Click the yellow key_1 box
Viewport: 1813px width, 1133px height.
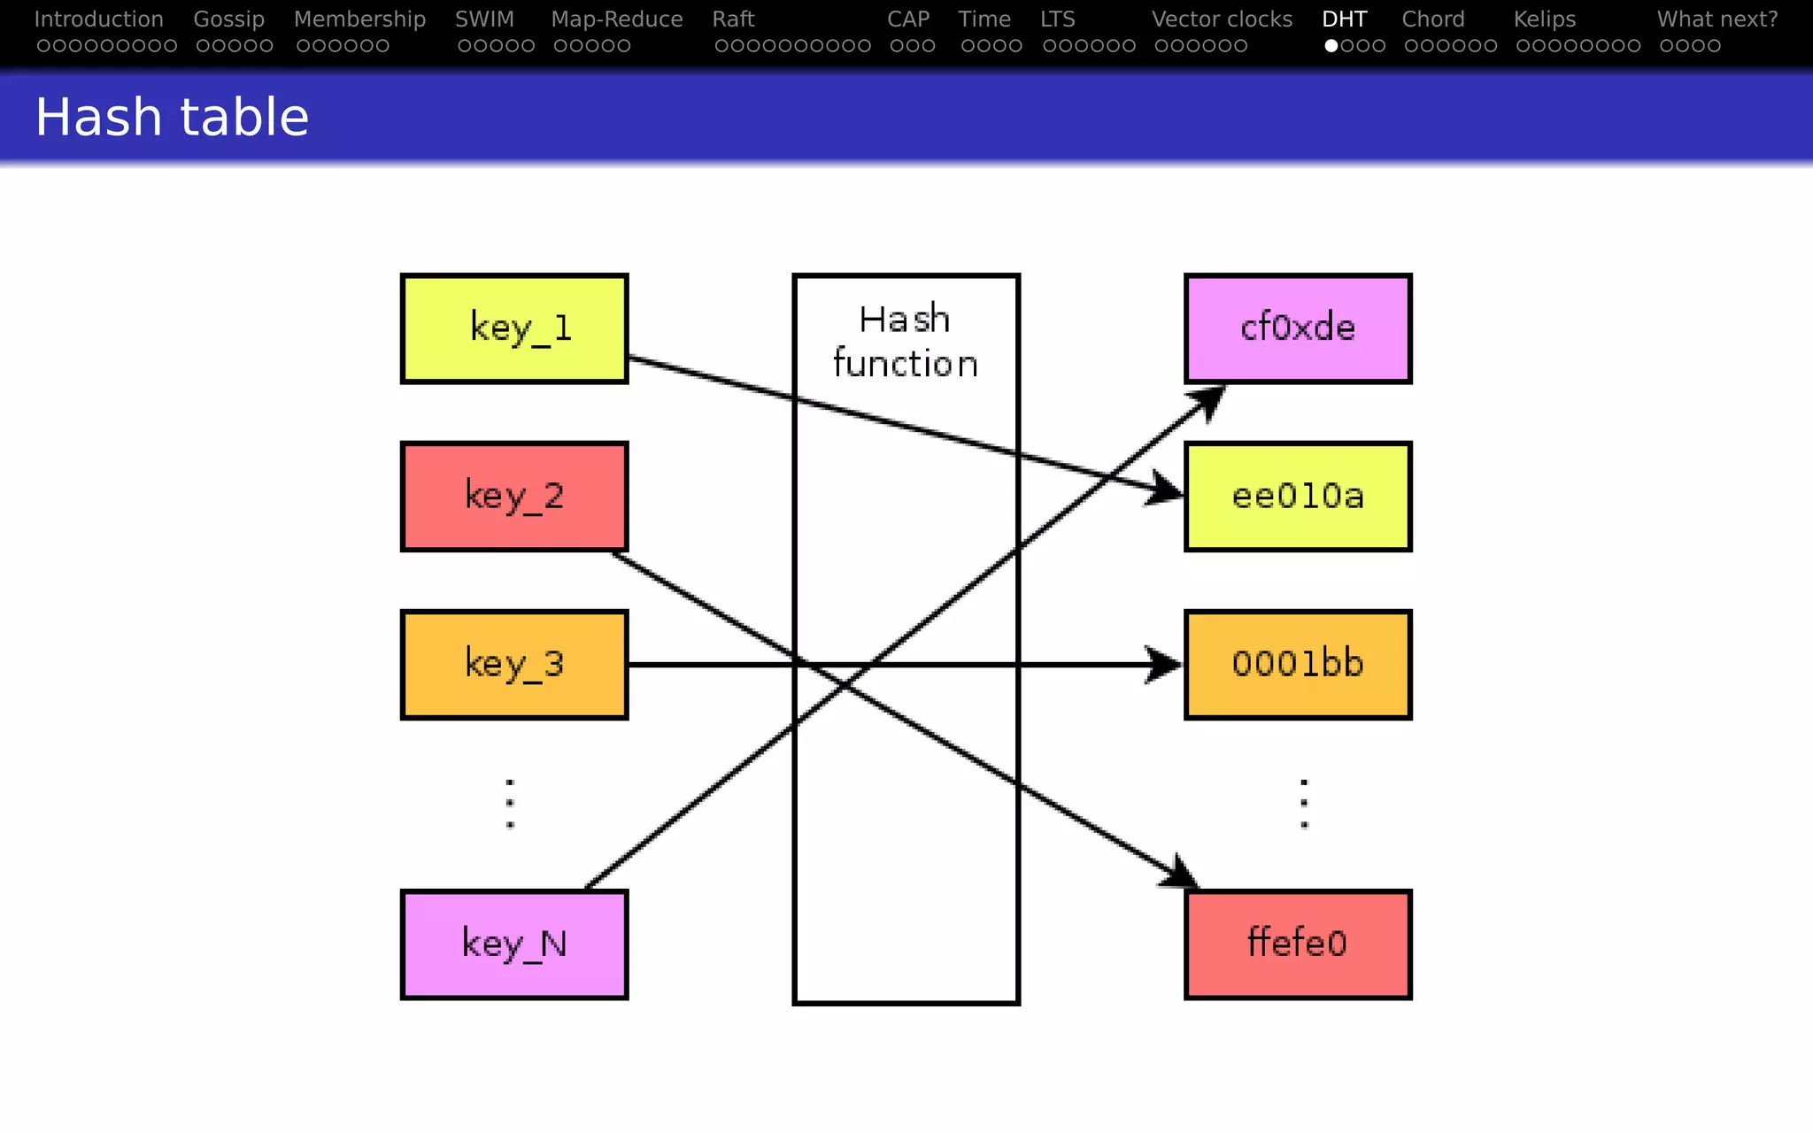click(514, 328)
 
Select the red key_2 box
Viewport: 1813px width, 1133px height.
click(514, 497)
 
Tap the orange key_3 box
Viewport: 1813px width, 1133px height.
click(514, 665)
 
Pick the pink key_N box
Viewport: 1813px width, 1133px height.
click(514, 944)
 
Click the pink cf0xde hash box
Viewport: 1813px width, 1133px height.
click(1298, 328)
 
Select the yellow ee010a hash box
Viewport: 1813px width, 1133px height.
click(1298, 497)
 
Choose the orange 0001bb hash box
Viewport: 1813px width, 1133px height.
click(1298, 665)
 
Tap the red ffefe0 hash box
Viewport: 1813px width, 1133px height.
click(1298, 944)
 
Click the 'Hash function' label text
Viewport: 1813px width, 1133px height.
click(906, 342)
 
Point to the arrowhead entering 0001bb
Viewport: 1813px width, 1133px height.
click(1163, 664)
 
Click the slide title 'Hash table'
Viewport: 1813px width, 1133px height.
click(172, 117)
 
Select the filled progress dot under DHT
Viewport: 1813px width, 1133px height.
click(1331, 46)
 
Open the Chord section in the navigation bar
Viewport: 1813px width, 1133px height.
click(1432, 19)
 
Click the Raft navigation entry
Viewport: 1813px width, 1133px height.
click(733, 19)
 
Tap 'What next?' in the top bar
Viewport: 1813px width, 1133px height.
click(1717, 19)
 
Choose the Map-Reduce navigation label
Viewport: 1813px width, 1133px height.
click(616, 19)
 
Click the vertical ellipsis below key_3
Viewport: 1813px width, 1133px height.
click(510, 804)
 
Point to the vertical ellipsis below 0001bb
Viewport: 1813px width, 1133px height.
click(1304, 804)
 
